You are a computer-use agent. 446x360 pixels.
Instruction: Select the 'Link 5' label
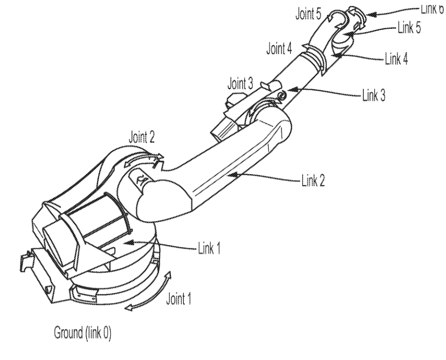click(411, 29)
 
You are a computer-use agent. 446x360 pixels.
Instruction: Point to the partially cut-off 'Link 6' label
click(430, 9)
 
